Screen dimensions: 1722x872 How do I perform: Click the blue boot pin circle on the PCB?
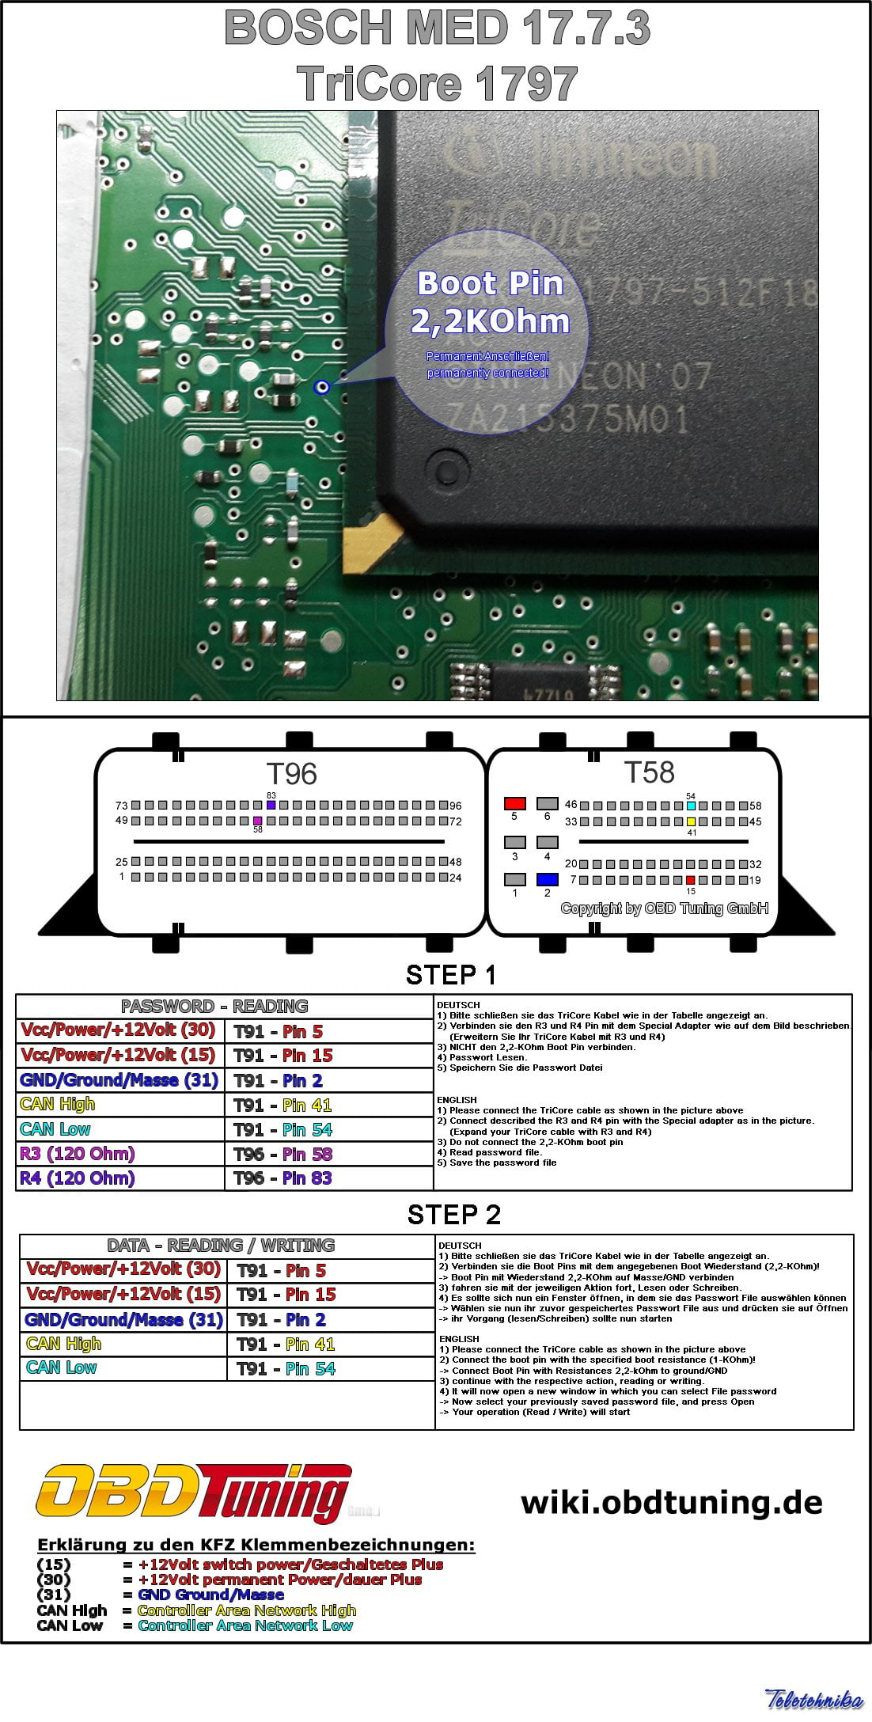321,386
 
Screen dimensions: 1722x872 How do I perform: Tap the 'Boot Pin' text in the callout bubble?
490,283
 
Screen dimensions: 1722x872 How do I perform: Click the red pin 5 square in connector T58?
514,803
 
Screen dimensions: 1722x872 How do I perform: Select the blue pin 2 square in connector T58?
547,879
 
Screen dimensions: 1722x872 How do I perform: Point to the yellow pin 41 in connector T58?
691,821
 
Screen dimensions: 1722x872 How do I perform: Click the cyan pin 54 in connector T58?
691,806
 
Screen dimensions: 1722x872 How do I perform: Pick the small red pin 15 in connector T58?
690,880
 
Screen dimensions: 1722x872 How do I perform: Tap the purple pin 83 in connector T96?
271,805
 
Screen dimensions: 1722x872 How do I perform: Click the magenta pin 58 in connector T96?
257,821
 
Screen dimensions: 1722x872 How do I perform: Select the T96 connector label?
291,774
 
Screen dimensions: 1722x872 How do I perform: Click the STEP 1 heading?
451,975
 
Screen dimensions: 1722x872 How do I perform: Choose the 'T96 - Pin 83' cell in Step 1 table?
283,1178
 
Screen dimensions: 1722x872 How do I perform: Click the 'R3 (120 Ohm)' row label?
78,1154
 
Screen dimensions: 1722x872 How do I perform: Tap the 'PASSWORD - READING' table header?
214,1007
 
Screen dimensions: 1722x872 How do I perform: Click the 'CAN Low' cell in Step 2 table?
62,1367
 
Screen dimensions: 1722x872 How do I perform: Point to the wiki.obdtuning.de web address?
671,1502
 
